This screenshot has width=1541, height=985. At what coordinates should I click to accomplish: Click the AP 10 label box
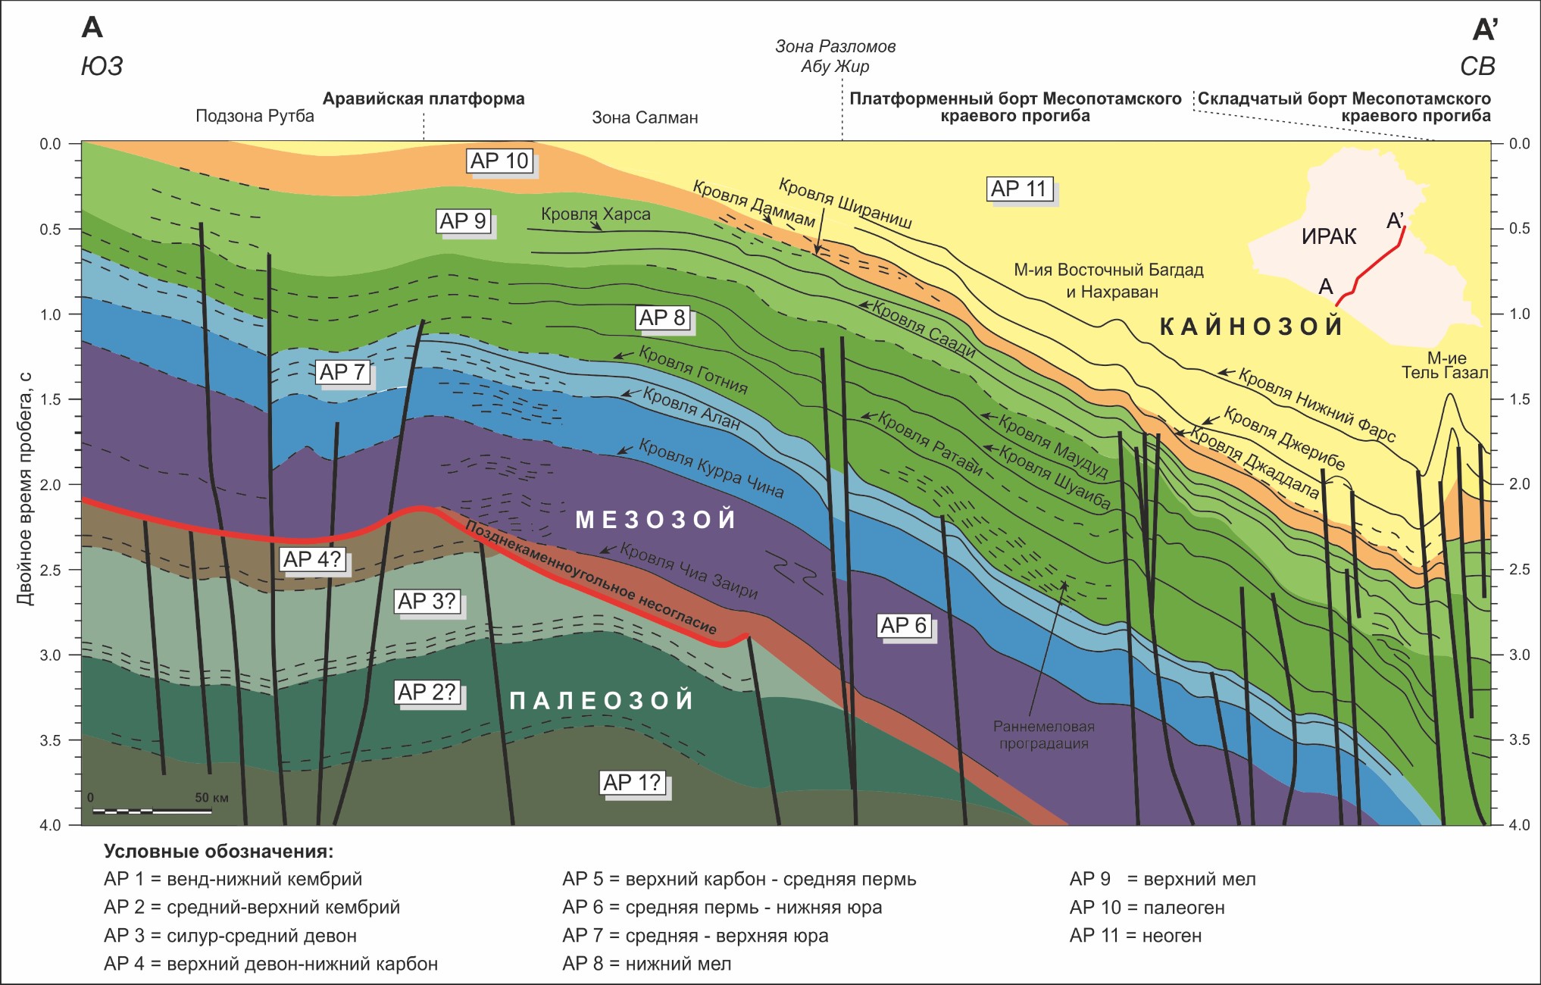click(499, 161)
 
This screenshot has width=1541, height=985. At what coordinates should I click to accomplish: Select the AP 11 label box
click(1019, 189)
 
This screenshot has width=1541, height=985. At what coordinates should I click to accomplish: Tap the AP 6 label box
click(904, 625)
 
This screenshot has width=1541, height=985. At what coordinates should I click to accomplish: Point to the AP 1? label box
click(633, 783)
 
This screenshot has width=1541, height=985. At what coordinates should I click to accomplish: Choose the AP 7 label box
click(343, 372)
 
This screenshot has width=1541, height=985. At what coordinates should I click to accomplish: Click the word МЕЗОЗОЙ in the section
click(656, 519)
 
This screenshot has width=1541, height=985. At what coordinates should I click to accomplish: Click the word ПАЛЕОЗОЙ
click(602, 700)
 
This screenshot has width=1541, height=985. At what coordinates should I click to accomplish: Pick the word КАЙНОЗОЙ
click(1252, 327)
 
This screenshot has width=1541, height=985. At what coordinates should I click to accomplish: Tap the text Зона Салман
click(645, 117)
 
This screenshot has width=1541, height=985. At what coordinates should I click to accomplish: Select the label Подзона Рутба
click(255, 116)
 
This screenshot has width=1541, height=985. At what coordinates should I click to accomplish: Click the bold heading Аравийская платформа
click(424, 98)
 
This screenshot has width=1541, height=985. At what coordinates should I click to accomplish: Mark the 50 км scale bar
click(152, 811)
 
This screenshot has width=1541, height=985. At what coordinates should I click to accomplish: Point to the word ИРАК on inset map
click(1329, 237)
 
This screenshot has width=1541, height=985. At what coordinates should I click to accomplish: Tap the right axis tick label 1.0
click(1520, 314)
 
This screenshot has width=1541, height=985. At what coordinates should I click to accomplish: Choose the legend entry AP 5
click(739, 879)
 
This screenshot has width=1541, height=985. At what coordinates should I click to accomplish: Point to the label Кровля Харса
click(595, 214)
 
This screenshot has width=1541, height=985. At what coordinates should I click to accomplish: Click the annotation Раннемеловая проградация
click(1044, 735)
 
